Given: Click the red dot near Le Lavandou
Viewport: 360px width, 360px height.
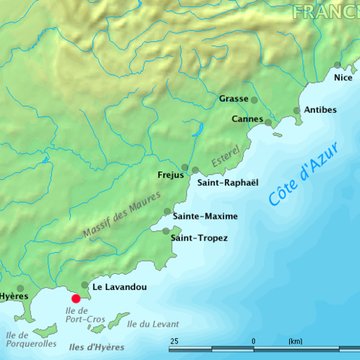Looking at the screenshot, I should [x=76, y=297].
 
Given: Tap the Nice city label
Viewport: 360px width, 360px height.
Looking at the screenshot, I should [x=343, y=77].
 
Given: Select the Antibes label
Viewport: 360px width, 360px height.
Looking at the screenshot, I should [x=320, y=109].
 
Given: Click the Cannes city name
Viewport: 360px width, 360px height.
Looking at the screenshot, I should [x=247, y=119].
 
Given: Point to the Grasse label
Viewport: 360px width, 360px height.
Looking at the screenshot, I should [x=233, y=99].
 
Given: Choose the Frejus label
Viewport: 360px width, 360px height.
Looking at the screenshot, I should [x=171, y=175].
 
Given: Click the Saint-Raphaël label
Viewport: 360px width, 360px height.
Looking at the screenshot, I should [x=228, y=183].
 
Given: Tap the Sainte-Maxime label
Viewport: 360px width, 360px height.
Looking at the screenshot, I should [x=205, y=216].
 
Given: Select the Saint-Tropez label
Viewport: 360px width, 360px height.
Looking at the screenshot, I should [x=199, y=238].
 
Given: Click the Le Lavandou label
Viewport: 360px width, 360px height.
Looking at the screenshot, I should [x=120, y=287].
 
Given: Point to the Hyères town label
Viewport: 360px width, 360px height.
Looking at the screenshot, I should [x=13, y=297].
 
